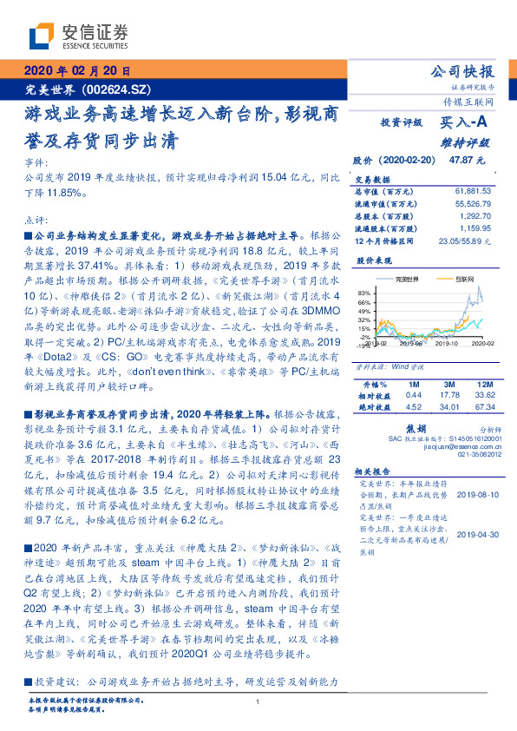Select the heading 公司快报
click(x=463, y=71)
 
